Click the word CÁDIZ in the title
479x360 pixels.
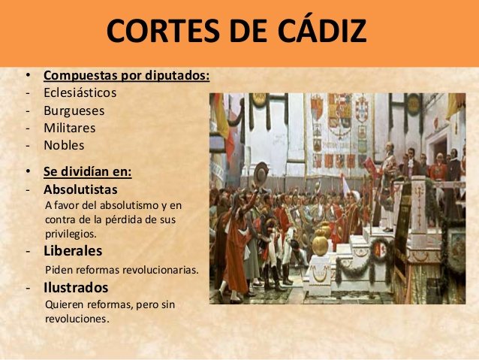pos(322,31)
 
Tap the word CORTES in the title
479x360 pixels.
pos(163,31)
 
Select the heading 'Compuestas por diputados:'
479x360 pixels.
pos(126,76)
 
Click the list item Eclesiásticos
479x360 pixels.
pos(80,92)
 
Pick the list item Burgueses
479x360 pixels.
pos(74,110)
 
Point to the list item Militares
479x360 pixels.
pos(70,128)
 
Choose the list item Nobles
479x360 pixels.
pos(64,145)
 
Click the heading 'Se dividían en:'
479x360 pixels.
pos(88,171)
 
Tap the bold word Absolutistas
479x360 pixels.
pos(80,189)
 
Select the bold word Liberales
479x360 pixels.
pos(73,251)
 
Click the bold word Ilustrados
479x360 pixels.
pos(76,288)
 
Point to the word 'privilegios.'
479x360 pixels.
pos(71,234)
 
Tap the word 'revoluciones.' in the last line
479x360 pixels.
pos(77,319)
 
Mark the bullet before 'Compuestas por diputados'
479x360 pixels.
pos(28,75)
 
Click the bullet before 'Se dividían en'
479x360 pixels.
pos(28,171)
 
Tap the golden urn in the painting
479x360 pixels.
pos(320,243)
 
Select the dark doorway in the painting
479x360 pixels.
pos(440,153)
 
